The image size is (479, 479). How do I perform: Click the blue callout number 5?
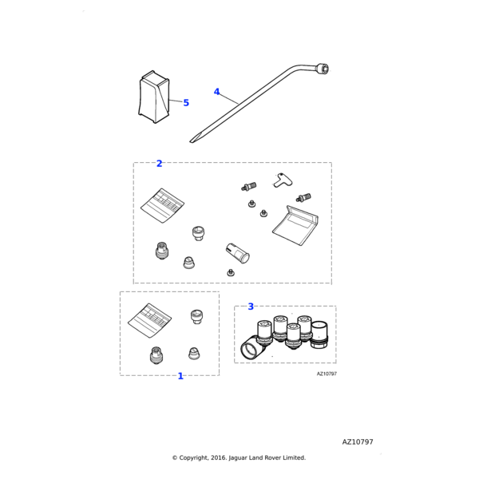point(186,103)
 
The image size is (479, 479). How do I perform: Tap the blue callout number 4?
point(216,92)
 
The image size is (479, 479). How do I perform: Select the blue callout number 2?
point(159,164)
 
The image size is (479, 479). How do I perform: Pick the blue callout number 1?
point(180,376)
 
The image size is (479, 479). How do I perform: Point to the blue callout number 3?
point(251,307)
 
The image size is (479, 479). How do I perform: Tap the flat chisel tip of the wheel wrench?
point(192,141)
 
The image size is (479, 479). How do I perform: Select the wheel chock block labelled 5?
point(154,97)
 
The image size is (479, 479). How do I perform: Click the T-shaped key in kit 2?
point(283,180)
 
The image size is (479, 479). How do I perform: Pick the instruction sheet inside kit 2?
point(162,205)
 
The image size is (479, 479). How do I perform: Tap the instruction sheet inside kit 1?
point(149,320)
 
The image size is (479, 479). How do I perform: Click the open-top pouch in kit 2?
point(295,226)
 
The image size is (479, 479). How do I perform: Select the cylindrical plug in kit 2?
point(237,253)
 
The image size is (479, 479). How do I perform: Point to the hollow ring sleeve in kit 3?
point(251,347)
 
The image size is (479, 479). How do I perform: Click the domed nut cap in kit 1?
point(193,354)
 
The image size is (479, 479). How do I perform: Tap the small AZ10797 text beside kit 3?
point(327,374)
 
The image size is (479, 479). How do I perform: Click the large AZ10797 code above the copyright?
point(358,441)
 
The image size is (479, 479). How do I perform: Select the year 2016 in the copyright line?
point(219,457)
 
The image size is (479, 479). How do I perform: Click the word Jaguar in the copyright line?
point(238,458)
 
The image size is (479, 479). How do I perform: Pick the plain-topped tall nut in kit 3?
point(319,335)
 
